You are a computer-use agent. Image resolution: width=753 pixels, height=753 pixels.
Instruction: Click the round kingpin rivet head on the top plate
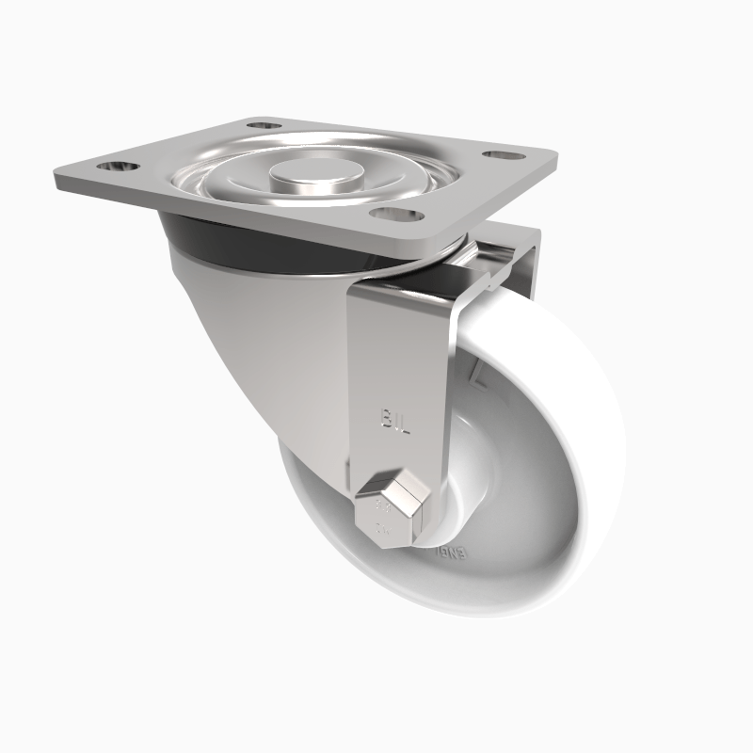click(x=307, y=175)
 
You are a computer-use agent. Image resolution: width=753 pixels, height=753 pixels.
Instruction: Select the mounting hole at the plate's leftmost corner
click(x=118, y=168)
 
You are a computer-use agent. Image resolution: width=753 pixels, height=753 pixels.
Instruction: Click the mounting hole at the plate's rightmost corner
click(x=503, y=152)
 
